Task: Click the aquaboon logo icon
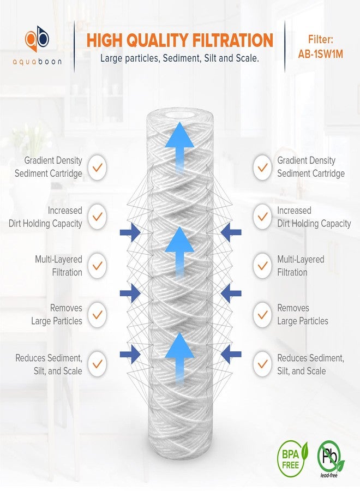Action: (x=38, y=38)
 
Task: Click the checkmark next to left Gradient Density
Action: (x=97, y=167)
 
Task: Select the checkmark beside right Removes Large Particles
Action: (x=263, y=315)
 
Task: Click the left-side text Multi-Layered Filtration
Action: (x=59, y=266)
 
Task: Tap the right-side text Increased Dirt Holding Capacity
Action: (x=314, y=217)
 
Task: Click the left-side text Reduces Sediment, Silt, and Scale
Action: (x=49, y=364)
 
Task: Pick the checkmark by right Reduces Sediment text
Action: (x=263, y=363)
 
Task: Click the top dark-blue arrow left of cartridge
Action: (x=129, y=233)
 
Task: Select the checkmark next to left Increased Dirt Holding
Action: (x=97, y=217)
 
